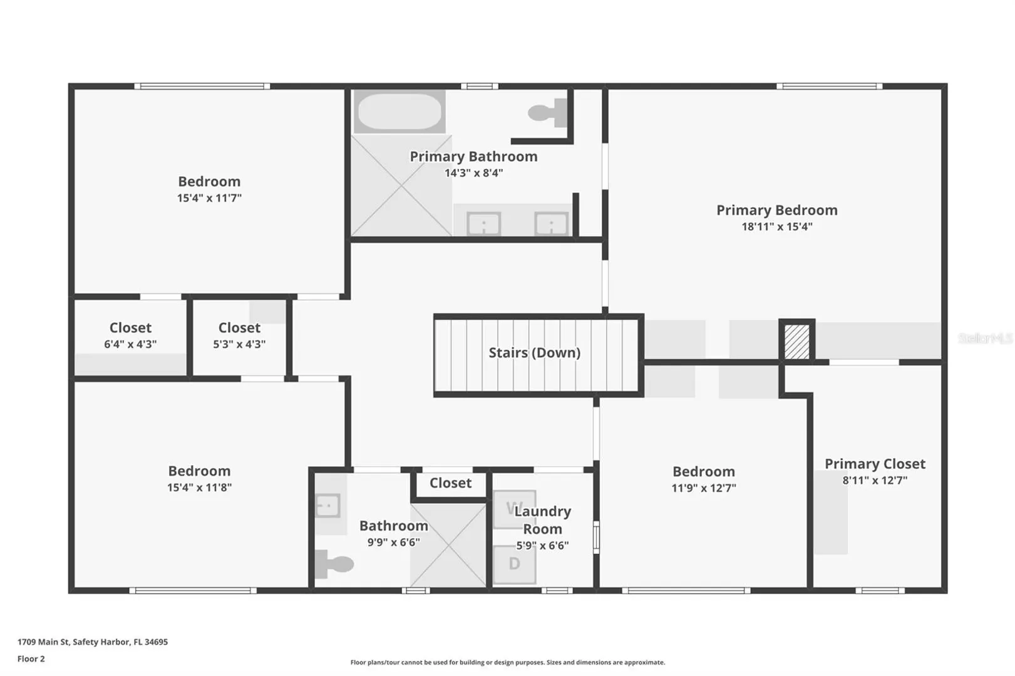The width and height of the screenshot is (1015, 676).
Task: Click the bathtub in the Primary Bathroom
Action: click(399, 111)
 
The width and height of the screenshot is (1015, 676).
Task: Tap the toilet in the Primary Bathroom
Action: click(547, 113)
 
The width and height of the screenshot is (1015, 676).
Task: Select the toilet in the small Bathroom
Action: click(334, 564)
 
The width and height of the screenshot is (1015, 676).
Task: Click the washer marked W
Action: click(514, 509)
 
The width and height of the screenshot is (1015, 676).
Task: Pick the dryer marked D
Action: click(514, 564)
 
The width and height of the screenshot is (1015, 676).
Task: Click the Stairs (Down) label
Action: click(535, 352)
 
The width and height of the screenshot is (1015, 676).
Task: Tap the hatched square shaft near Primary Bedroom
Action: click(796, 342)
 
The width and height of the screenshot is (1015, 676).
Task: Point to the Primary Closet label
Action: click(875, 464)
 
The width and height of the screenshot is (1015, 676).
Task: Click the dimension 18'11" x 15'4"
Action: click(776, 227)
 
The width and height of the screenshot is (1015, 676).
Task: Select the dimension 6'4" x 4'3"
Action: click(130, 344)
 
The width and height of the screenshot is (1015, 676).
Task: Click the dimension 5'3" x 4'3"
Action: click(239, 344)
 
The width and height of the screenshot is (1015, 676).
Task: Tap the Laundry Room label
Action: click(542, 520)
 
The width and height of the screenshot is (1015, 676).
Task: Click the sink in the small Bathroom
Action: click(327, 505)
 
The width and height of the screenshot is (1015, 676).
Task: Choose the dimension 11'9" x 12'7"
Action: click(704, 488)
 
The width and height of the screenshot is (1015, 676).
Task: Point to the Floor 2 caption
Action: click(31, 658)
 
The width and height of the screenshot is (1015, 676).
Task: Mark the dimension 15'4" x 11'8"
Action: click(199, 488)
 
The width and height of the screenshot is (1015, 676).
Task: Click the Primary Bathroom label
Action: click(473, 156)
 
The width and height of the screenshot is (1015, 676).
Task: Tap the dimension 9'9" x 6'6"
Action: click(394, 542)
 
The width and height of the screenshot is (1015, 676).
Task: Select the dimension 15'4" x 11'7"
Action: click(209, 198)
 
